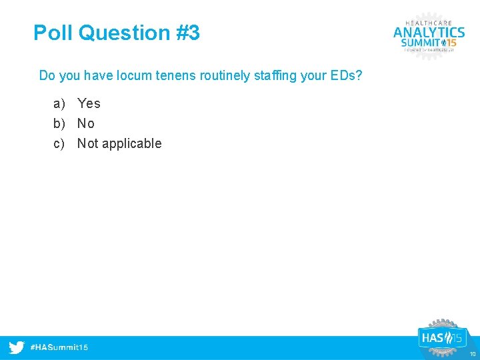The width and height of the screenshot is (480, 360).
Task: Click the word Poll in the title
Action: [53, 33]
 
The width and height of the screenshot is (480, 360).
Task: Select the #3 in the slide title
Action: [188, 33]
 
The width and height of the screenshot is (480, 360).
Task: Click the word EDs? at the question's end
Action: [346, 75]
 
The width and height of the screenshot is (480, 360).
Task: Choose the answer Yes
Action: [89, 103]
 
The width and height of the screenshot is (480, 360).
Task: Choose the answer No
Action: [86, 123]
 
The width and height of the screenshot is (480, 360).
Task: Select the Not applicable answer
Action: [119, 143]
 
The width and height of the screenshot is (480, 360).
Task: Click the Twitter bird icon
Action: [17, 347]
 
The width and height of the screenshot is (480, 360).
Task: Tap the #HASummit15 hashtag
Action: [60, 347]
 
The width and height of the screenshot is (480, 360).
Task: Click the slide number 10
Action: [472, 354]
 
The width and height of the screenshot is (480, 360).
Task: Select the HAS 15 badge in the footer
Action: [441, 338]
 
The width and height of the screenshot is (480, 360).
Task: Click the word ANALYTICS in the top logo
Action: [429, 32]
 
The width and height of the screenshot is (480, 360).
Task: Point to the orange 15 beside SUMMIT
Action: [449, 43]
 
